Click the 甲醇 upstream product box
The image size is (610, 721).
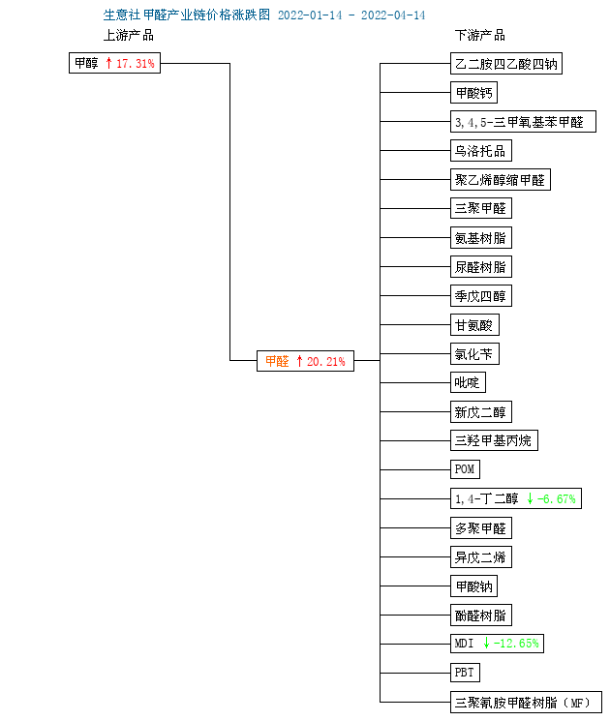pos(114,63)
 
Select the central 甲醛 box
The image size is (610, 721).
pos(305,361)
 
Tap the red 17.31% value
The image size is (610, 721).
pos(136,64)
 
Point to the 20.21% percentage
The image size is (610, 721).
pos(325,361)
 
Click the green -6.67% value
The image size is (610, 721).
pos(556,499)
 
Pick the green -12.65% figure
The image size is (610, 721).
pos(516,644)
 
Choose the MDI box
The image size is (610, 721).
pos(497,644)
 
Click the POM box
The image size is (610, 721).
pos(465,469)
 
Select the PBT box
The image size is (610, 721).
pos(465,673)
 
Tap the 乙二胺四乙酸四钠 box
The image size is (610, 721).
pos(506,64)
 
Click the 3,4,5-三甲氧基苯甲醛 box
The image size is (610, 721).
pos(523,121)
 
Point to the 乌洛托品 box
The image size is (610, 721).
pos(480,150)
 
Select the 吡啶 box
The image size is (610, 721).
pos(468,382)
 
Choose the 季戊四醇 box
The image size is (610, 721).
pos(480,296)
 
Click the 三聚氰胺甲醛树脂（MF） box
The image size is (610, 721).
pos(526,703)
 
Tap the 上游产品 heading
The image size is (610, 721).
pos(129,36)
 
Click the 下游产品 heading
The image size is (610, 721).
pos(480,36)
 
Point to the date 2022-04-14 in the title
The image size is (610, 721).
pos(393,15)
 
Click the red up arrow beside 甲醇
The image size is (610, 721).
pos(108,63)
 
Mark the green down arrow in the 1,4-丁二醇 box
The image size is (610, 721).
pos(530,498)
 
